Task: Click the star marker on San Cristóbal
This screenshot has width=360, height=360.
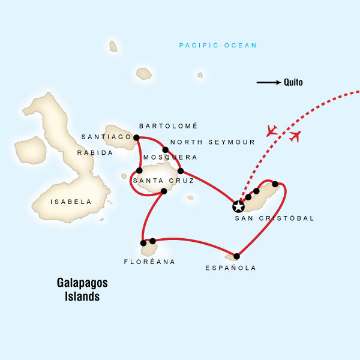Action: tap(238, 207)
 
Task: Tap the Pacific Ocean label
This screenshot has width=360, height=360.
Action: tap(218, 46)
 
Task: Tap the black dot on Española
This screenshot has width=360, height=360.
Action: tap(236, 257)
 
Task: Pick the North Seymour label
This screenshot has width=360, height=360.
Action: tap(212, 142)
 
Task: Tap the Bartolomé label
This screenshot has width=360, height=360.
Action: tap(168, 126)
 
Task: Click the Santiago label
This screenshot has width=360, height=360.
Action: tap(106, 137)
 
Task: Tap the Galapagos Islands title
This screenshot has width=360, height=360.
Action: tap(79, 289)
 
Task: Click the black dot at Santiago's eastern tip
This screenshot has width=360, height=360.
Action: tap(136, 137)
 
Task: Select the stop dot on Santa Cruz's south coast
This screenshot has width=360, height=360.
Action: tap(164, 191)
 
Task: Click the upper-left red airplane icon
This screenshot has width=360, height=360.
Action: tap(272, 130)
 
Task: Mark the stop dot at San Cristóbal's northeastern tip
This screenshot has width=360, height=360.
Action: tap(275, 184)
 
